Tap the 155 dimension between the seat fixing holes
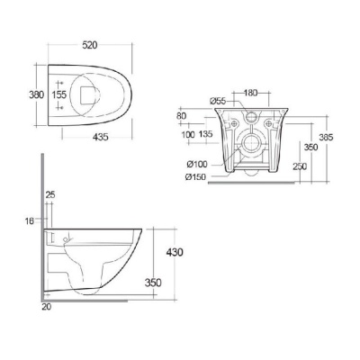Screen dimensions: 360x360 (x=60, y=93)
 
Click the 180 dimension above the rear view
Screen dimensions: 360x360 (x=249, y=92)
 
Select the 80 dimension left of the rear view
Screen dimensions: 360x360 (x=182, y=115)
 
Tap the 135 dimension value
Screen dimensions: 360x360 (x=207, y=135)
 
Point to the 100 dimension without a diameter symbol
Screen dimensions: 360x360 (x=186, y=135)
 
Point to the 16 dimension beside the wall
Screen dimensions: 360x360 (x=30, y=220)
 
